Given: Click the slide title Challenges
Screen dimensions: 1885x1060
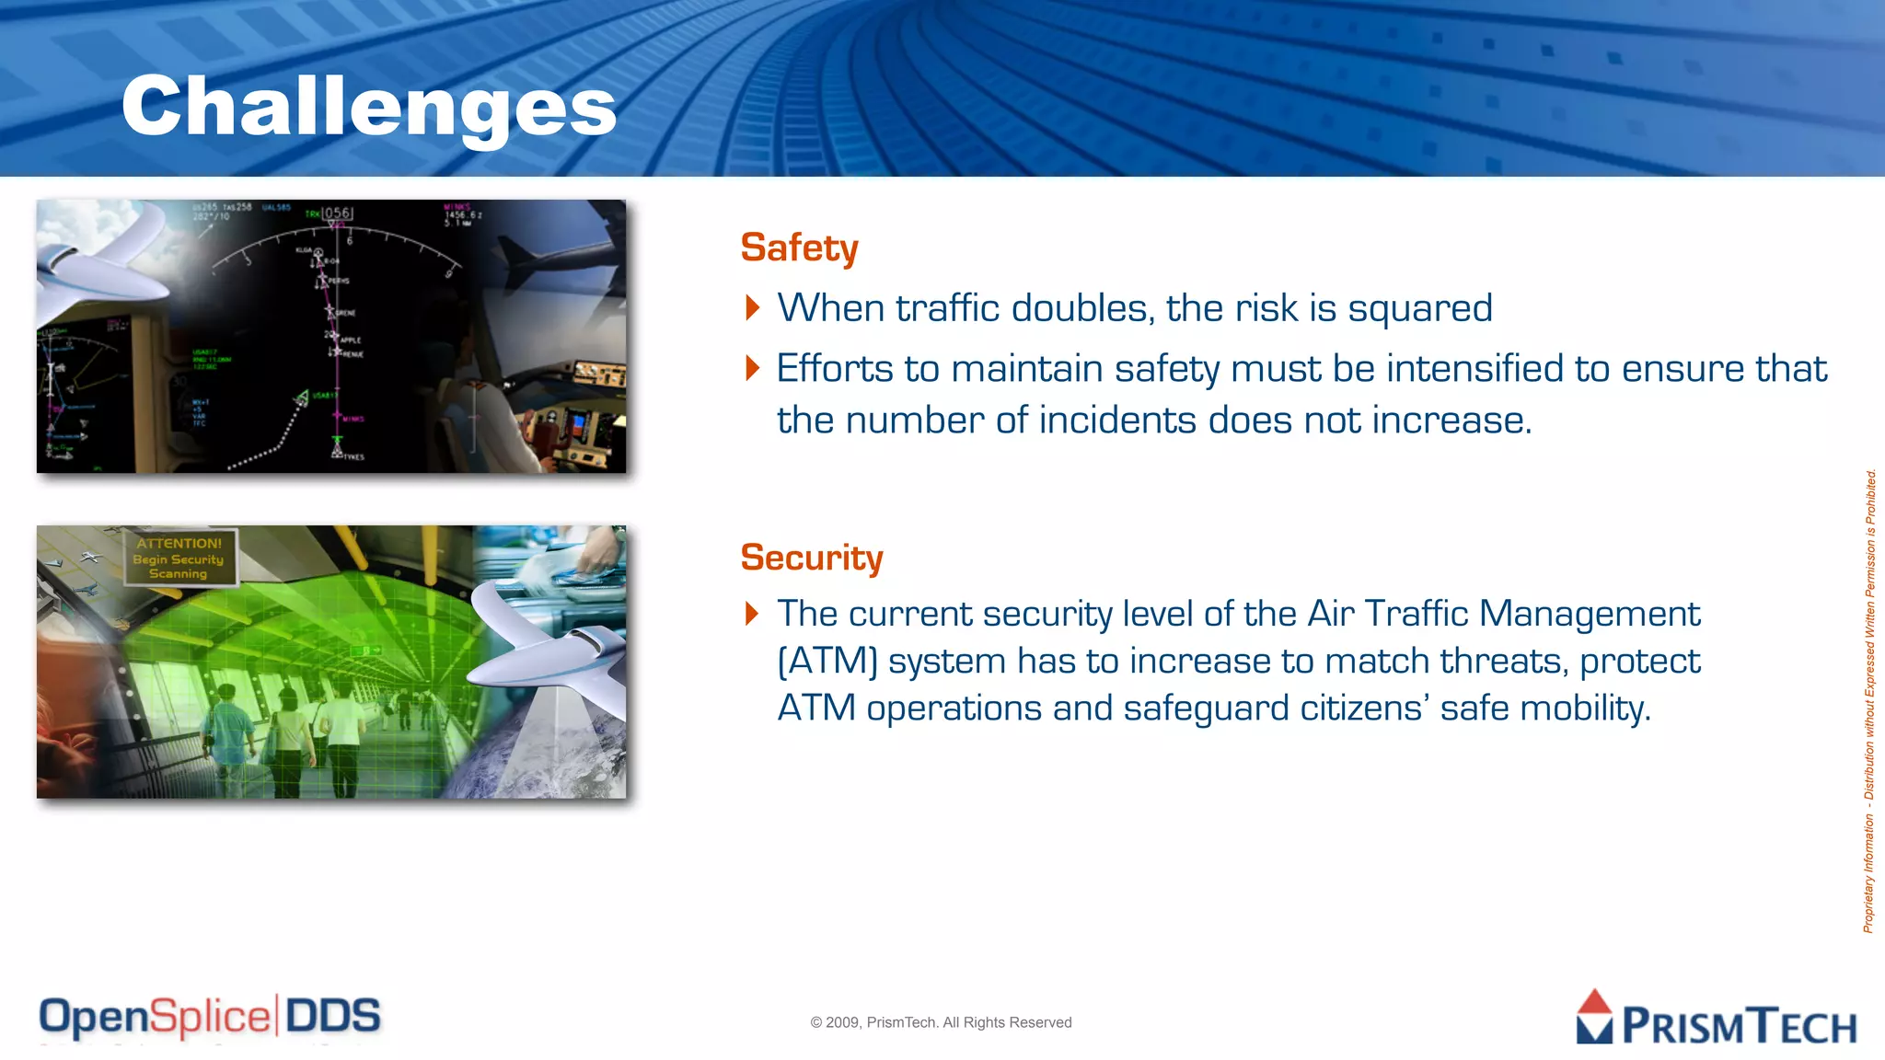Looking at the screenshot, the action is [368, 107].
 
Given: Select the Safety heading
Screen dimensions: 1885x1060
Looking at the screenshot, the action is [799, 248].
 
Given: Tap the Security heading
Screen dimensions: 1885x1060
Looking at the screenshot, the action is [811, 558].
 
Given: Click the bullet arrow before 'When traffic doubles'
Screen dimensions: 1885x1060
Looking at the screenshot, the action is [752, 307].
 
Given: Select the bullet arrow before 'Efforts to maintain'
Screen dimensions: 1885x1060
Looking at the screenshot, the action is [752, 368].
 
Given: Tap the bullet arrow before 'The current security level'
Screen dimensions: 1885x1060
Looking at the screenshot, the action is [752, 613].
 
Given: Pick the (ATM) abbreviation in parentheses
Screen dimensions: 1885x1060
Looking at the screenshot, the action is [827, 662].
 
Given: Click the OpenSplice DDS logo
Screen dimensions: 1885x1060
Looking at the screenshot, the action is [210, 1017].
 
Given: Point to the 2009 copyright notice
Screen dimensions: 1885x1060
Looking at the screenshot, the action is [941, 1022].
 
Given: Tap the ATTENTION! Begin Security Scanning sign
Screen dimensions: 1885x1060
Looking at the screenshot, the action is [179, 558].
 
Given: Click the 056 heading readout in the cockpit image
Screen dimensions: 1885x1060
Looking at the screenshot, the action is [337, 213].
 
